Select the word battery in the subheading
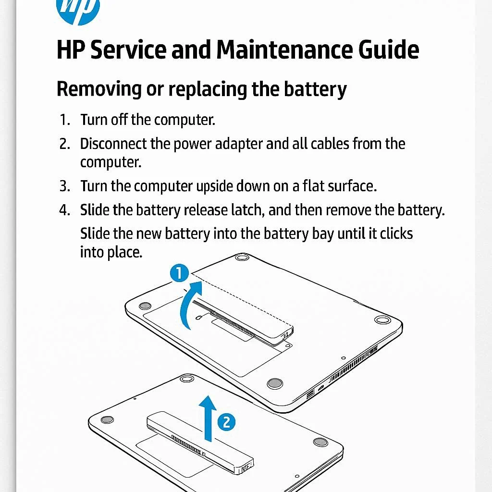(x=315, y=89)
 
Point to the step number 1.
(x=64, y=120)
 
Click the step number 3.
(x=64, y=186)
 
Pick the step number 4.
(x=64, y=210)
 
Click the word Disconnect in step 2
(x=113, y=144)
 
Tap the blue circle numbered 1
(x=179, y=273)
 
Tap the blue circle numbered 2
(x=227, y=422)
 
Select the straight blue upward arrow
(x=208, y=418)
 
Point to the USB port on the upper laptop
(x=310, y=394)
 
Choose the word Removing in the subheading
(x=99, y=89)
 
